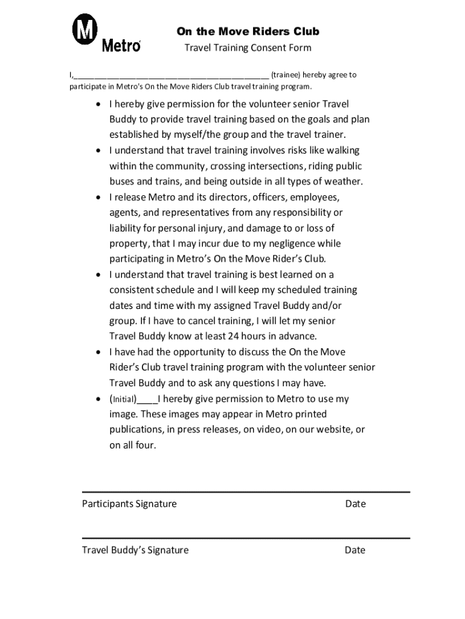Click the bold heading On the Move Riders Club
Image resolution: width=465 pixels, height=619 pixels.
(248, 31)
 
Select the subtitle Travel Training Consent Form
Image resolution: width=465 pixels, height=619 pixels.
(248, 48)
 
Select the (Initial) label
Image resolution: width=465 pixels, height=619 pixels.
(123, 399)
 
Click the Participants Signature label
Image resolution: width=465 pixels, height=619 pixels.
(129, 504)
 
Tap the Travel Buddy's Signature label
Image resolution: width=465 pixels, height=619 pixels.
(135, 549)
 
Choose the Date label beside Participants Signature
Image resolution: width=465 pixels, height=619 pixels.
(355, 504)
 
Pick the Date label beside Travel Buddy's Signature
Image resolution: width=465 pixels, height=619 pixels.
(355, 549)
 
